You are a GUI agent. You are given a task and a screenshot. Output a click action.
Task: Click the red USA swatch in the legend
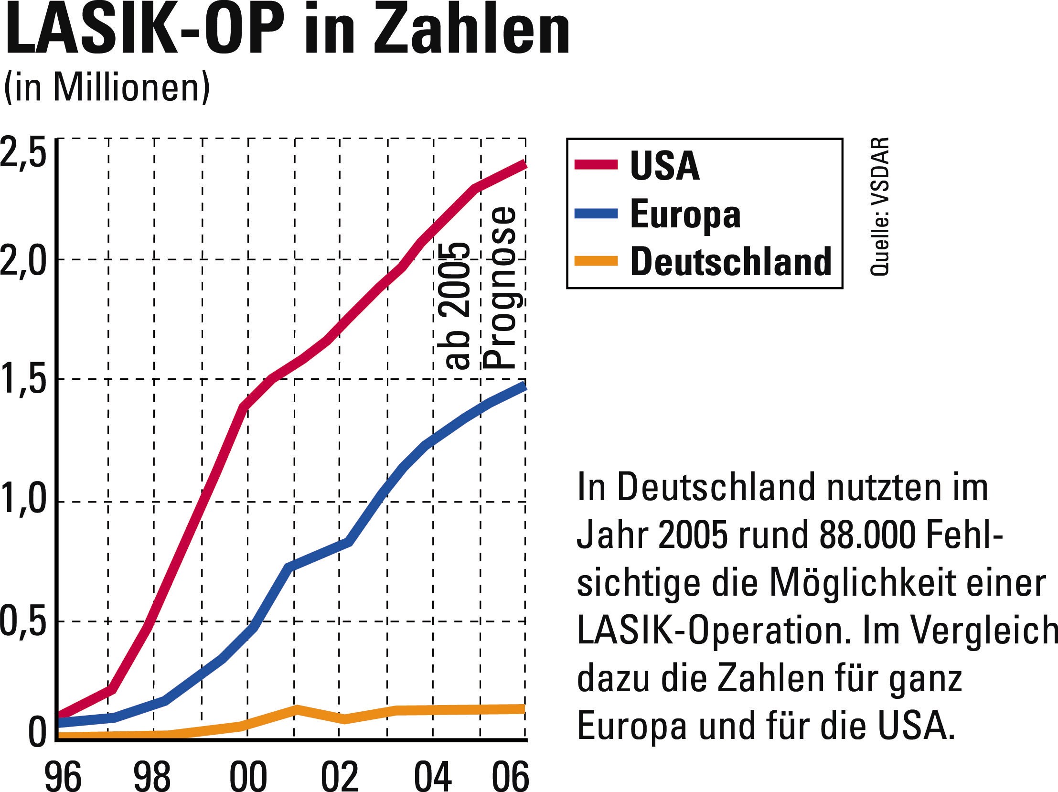596,164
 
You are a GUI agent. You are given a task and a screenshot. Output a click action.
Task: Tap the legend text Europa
685,214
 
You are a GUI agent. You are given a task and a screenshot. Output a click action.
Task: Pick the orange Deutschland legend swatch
596,261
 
